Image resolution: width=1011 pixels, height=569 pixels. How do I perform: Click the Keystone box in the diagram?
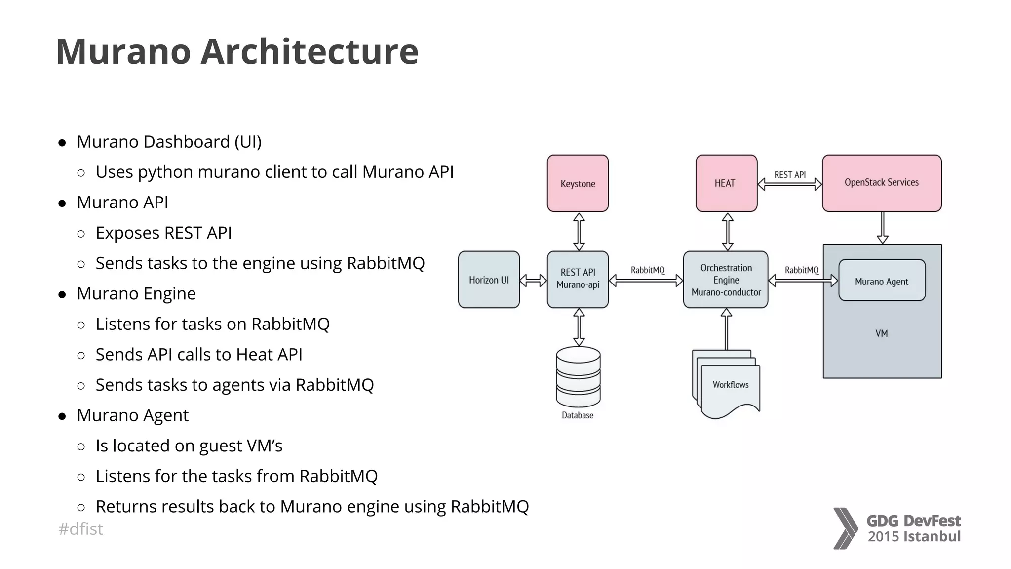click(x=578, y=183)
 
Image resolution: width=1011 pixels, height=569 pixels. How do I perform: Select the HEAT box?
click(x=726, y=183)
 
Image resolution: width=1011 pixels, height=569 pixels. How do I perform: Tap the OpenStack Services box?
click(x=882, y=183)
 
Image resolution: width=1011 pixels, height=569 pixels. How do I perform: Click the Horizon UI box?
click(x=489, y=280)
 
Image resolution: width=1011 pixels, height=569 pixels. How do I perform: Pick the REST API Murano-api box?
click(x=578, y=279)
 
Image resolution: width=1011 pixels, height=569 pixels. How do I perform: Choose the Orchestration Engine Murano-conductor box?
click(x=726, y=280)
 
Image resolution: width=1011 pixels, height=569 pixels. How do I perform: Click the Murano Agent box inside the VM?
click(x=882, y=281)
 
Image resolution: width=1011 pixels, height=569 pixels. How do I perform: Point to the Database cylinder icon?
click(x=578, y=376)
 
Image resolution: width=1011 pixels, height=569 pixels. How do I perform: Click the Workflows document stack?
click(x=728, y=384)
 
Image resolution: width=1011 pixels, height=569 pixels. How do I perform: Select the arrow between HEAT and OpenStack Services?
click(x=789, y=185)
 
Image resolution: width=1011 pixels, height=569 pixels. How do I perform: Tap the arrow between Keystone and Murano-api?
click(x=579, y=232)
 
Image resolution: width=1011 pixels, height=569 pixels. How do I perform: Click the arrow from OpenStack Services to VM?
click(x=883, y=228)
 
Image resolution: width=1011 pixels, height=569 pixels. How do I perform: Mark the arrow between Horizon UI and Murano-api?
click(x=533, y=281)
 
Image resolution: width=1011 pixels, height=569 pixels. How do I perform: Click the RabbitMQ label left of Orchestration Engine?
click(x=647, y=270)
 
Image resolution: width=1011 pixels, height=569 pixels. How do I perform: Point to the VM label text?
click(x=881, y=333)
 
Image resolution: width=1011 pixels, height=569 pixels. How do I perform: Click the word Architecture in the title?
click(x=310, y=51)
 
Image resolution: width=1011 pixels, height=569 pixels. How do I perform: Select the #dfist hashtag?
click(x=80, y=529)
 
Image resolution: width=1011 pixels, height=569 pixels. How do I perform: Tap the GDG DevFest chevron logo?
click(x=846, y=528)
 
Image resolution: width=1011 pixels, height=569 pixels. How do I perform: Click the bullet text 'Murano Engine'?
click(x=136, y=293)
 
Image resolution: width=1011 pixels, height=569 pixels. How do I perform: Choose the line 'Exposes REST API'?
click(x=163, y=233)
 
